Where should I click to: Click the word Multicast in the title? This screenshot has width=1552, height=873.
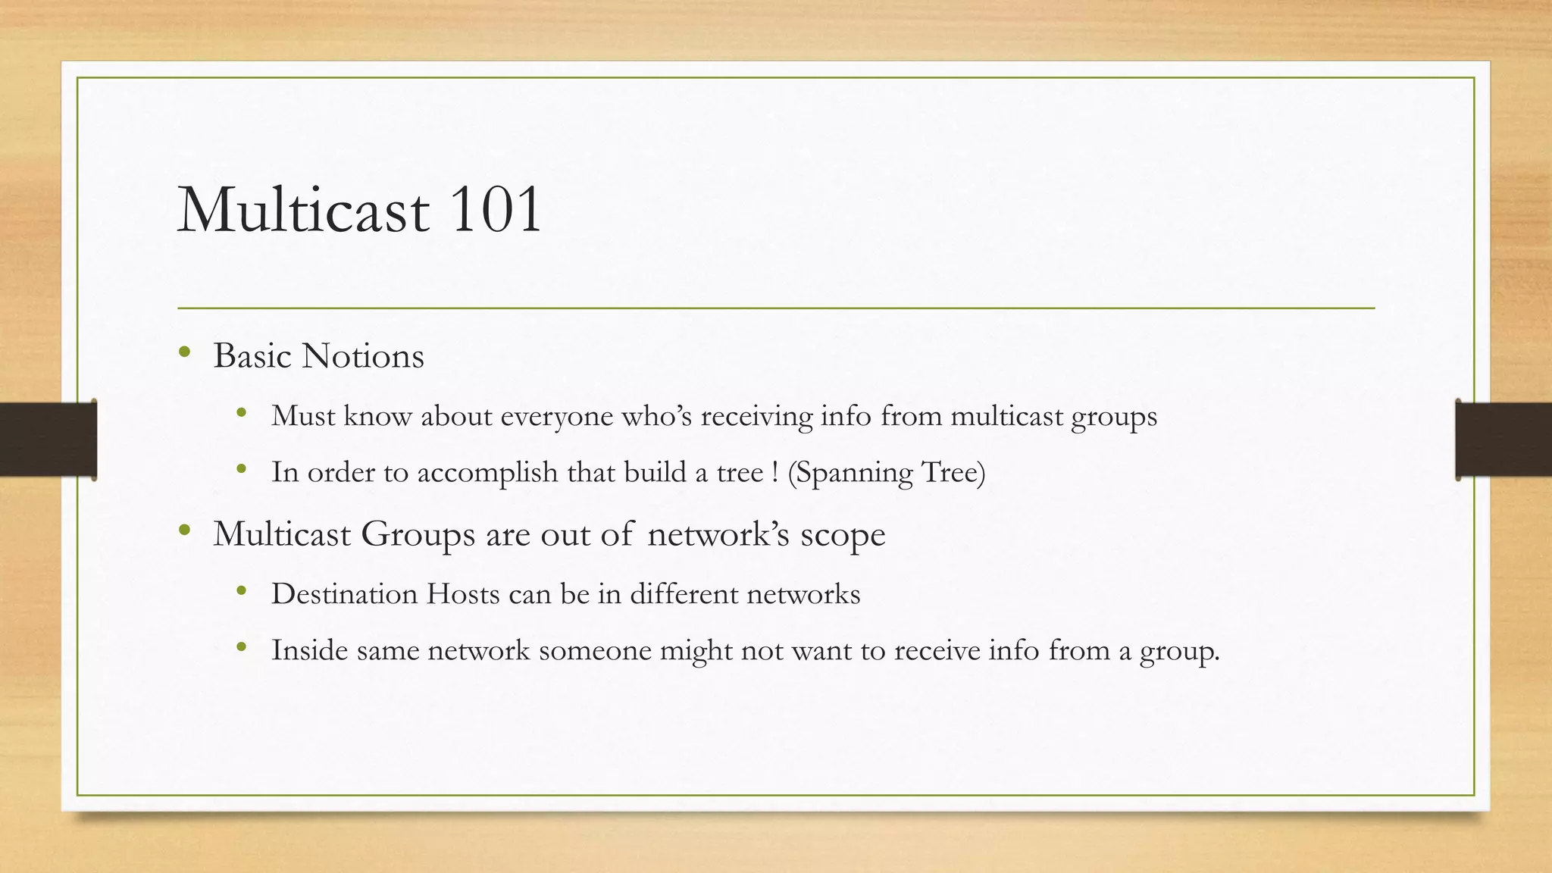click(x=303, y=210)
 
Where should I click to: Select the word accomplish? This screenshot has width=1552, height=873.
click(x=487, y=473)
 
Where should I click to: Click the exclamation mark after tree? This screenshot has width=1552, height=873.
click(x=774, y=472)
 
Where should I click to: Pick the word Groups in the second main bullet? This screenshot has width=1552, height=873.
click(x=418, y=535)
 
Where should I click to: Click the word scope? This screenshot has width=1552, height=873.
click(x=843, y=536)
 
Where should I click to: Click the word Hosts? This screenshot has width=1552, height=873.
click(x=462, y=593)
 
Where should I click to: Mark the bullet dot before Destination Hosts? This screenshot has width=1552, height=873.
click(x=242, y=590)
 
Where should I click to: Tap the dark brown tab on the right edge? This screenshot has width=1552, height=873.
click(x=1503, y=440)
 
